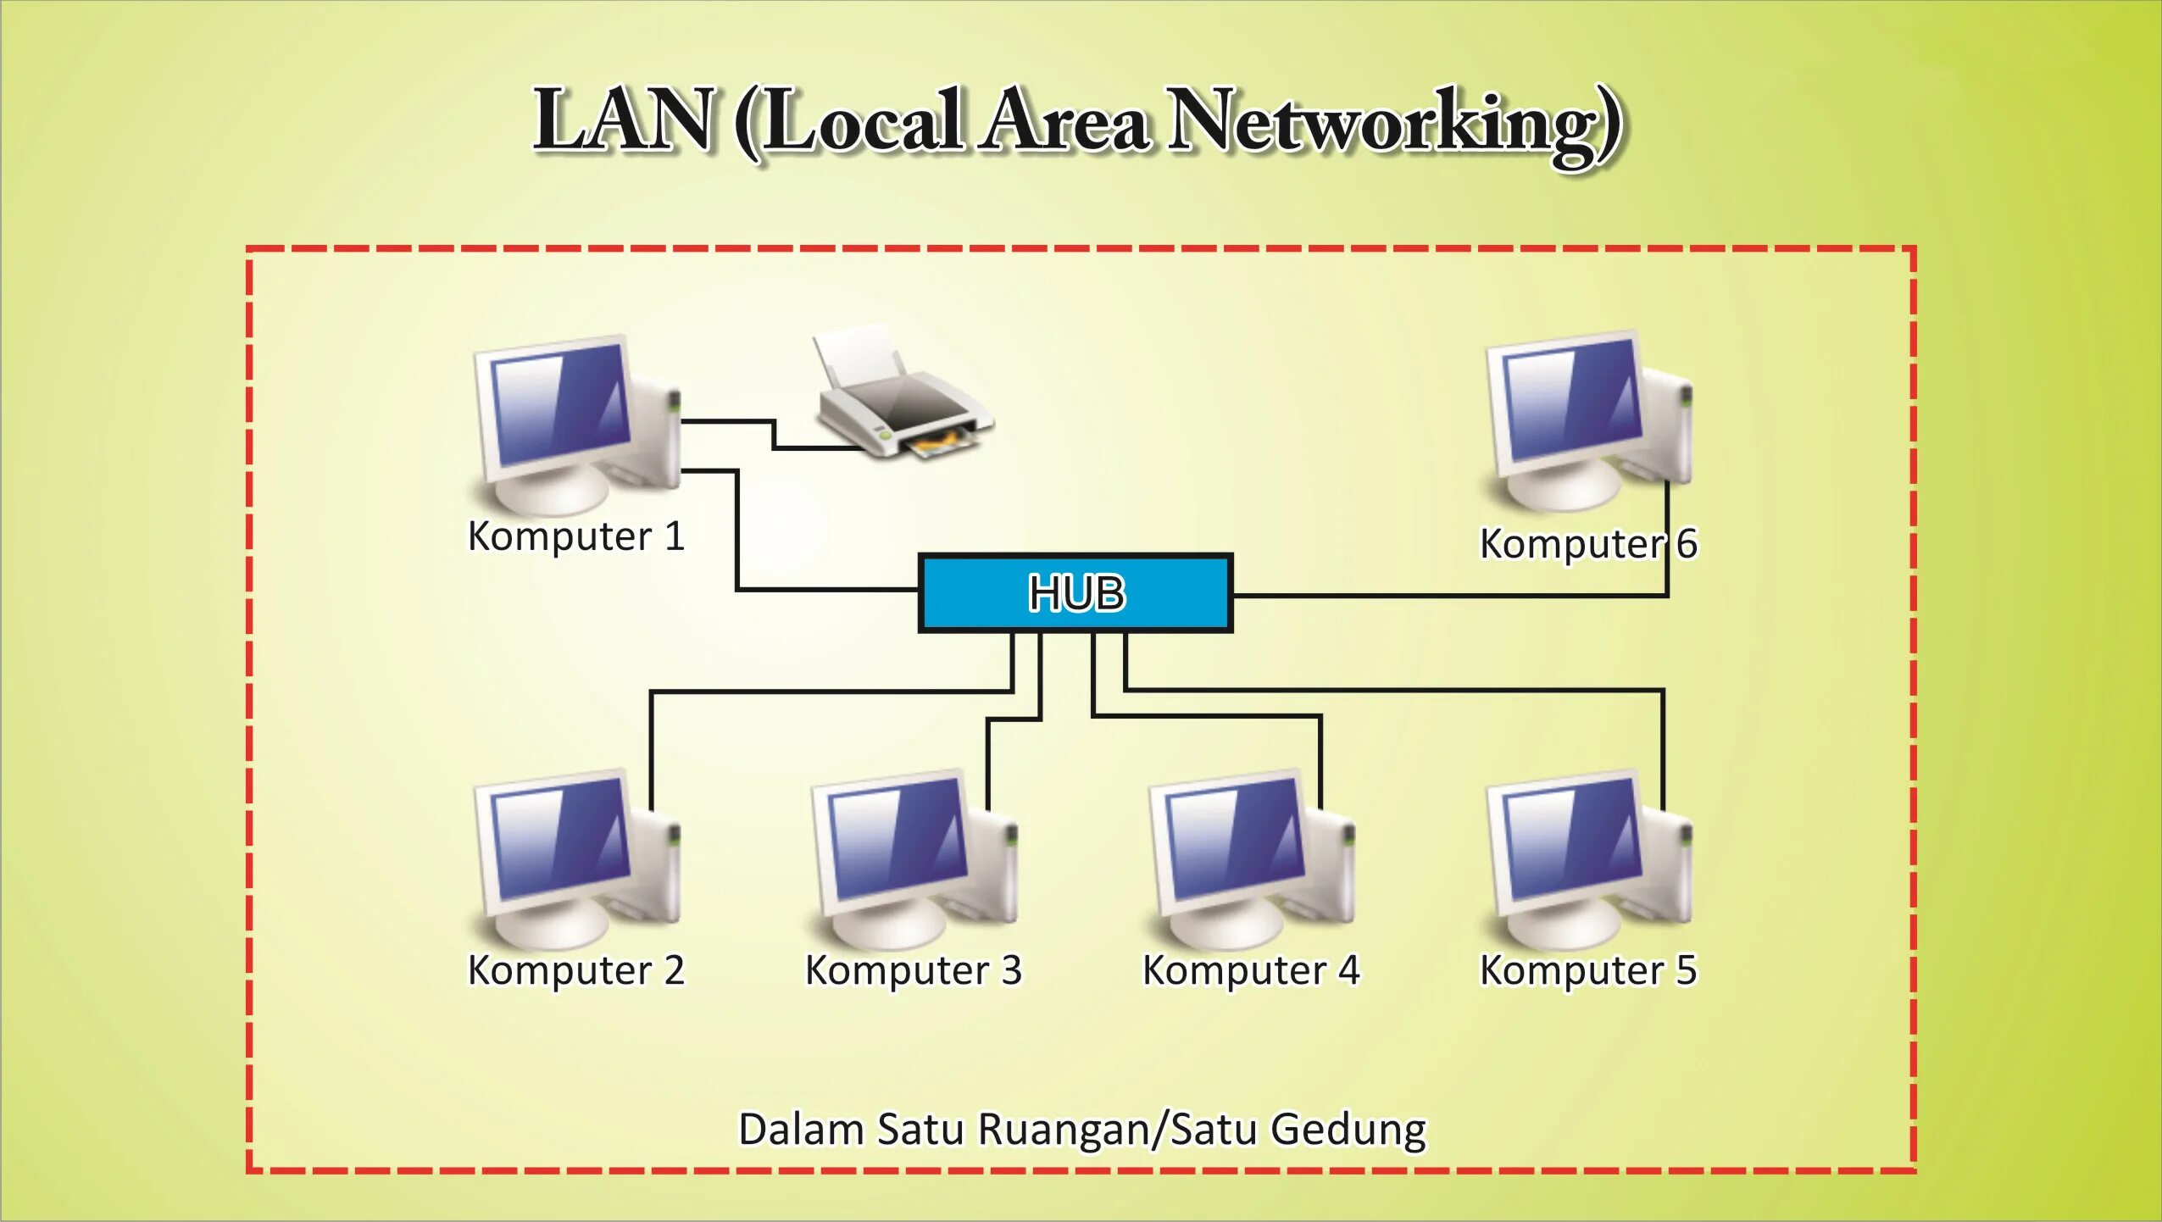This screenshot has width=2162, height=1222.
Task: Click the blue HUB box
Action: point(1075,593)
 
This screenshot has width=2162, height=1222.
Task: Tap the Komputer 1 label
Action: point(575,537)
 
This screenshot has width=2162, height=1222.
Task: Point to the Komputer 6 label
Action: point(1587,544)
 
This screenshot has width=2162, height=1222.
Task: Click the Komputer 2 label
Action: point(575,971)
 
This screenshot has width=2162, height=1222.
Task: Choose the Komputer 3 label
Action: point(913,971)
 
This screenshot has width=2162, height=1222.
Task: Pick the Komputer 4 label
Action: point(1250,971)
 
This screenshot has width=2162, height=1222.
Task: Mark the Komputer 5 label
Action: point(1587,971)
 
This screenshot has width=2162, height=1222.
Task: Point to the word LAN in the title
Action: point(623,120)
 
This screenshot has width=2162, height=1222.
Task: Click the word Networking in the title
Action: point(1394,123)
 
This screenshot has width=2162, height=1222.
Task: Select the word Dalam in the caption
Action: point(801,1130)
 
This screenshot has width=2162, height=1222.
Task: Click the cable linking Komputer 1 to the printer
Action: point(773,433)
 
